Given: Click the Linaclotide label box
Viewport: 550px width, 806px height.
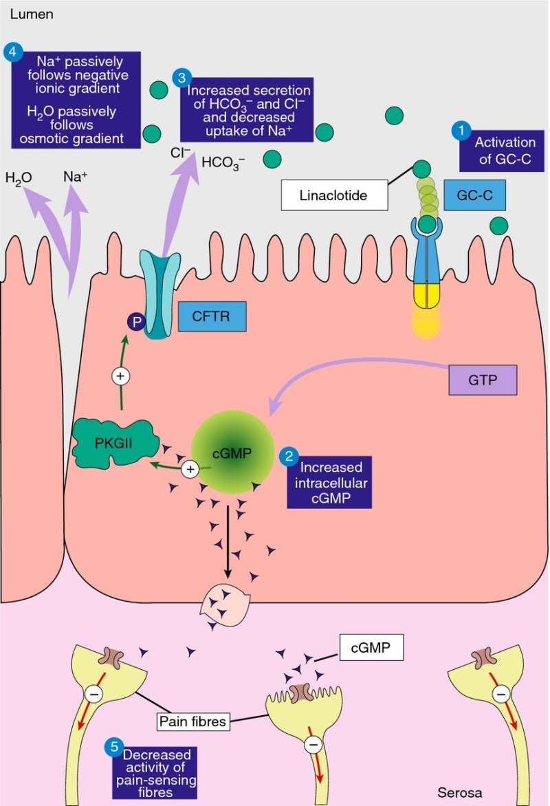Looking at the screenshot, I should [333, 195].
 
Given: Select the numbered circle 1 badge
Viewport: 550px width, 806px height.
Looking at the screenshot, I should [460, 129].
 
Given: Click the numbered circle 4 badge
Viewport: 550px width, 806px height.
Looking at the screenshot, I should [12, 51].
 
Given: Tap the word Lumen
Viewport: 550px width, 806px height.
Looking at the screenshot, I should [27, 14].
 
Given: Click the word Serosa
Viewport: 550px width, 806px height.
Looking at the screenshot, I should [459, 792].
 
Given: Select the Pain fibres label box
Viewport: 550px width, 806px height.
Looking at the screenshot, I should [190, 721].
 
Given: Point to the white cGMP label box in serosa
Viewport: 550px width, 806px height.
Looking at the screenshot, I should [371, 647].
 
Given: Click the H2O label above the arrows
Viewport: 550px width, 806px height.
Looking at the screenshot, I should [19, 178].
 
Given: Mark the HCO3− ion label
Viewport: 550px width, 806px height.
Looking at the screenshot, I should [223, 163].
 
